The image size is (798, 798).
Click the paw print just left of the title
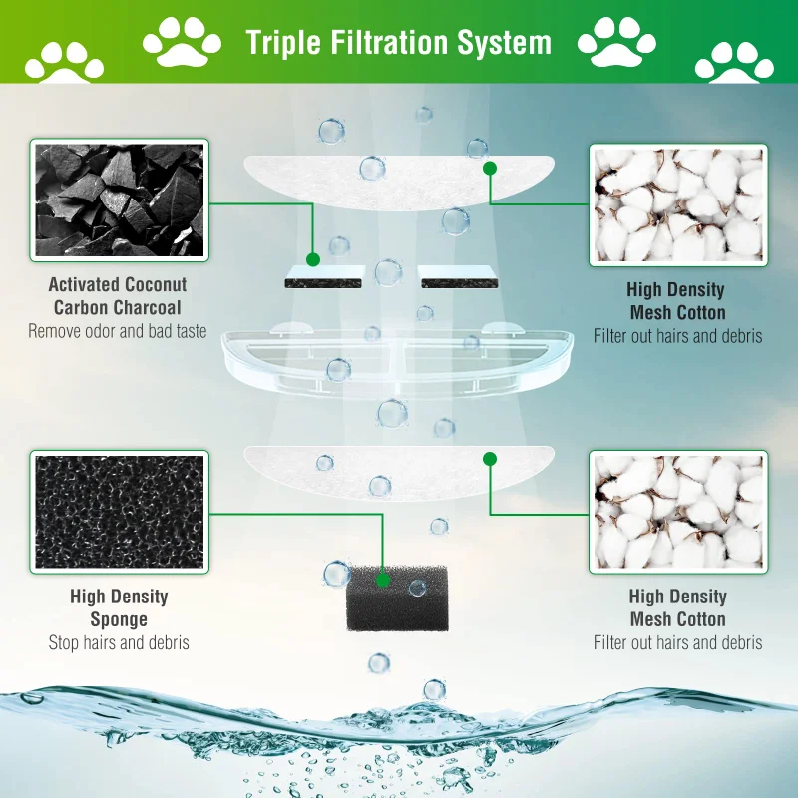[x=183, y=42]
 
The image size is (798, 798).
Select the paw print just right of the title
[x=616, y=42]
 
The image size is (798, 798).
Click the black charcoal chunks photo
[x=120, y=199]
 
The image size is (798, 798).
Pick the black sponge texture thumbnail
[x=120, y=511]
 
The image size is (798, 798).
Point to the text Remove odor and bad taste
[x=118, y=331]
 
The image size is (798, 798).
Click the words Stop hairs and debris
[x=119, y=643]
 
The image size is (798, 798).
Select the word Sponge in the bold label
[x=119, y=619]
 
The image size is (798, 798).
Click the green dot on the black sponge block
[x=382, y=578]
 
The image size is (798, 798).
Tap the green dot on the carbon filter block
[x=312, y=259]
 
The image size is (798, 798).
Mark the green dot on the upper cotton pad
[x=489, y=169]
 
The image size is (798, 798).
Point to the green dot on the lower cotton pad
[x=489, y=459]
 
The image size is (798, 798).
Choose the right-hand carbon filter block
[x=457, y=277]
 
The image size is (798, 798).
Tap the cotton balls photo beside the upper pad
[x=678, y=204]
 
